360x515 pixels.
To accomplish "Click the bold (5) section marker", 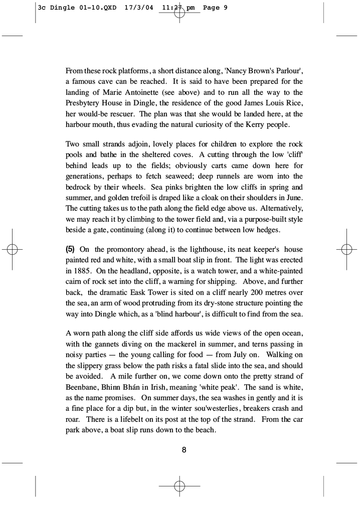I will click(71, 249).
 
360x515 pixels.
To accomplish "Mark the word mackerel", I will click(196, 345).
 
